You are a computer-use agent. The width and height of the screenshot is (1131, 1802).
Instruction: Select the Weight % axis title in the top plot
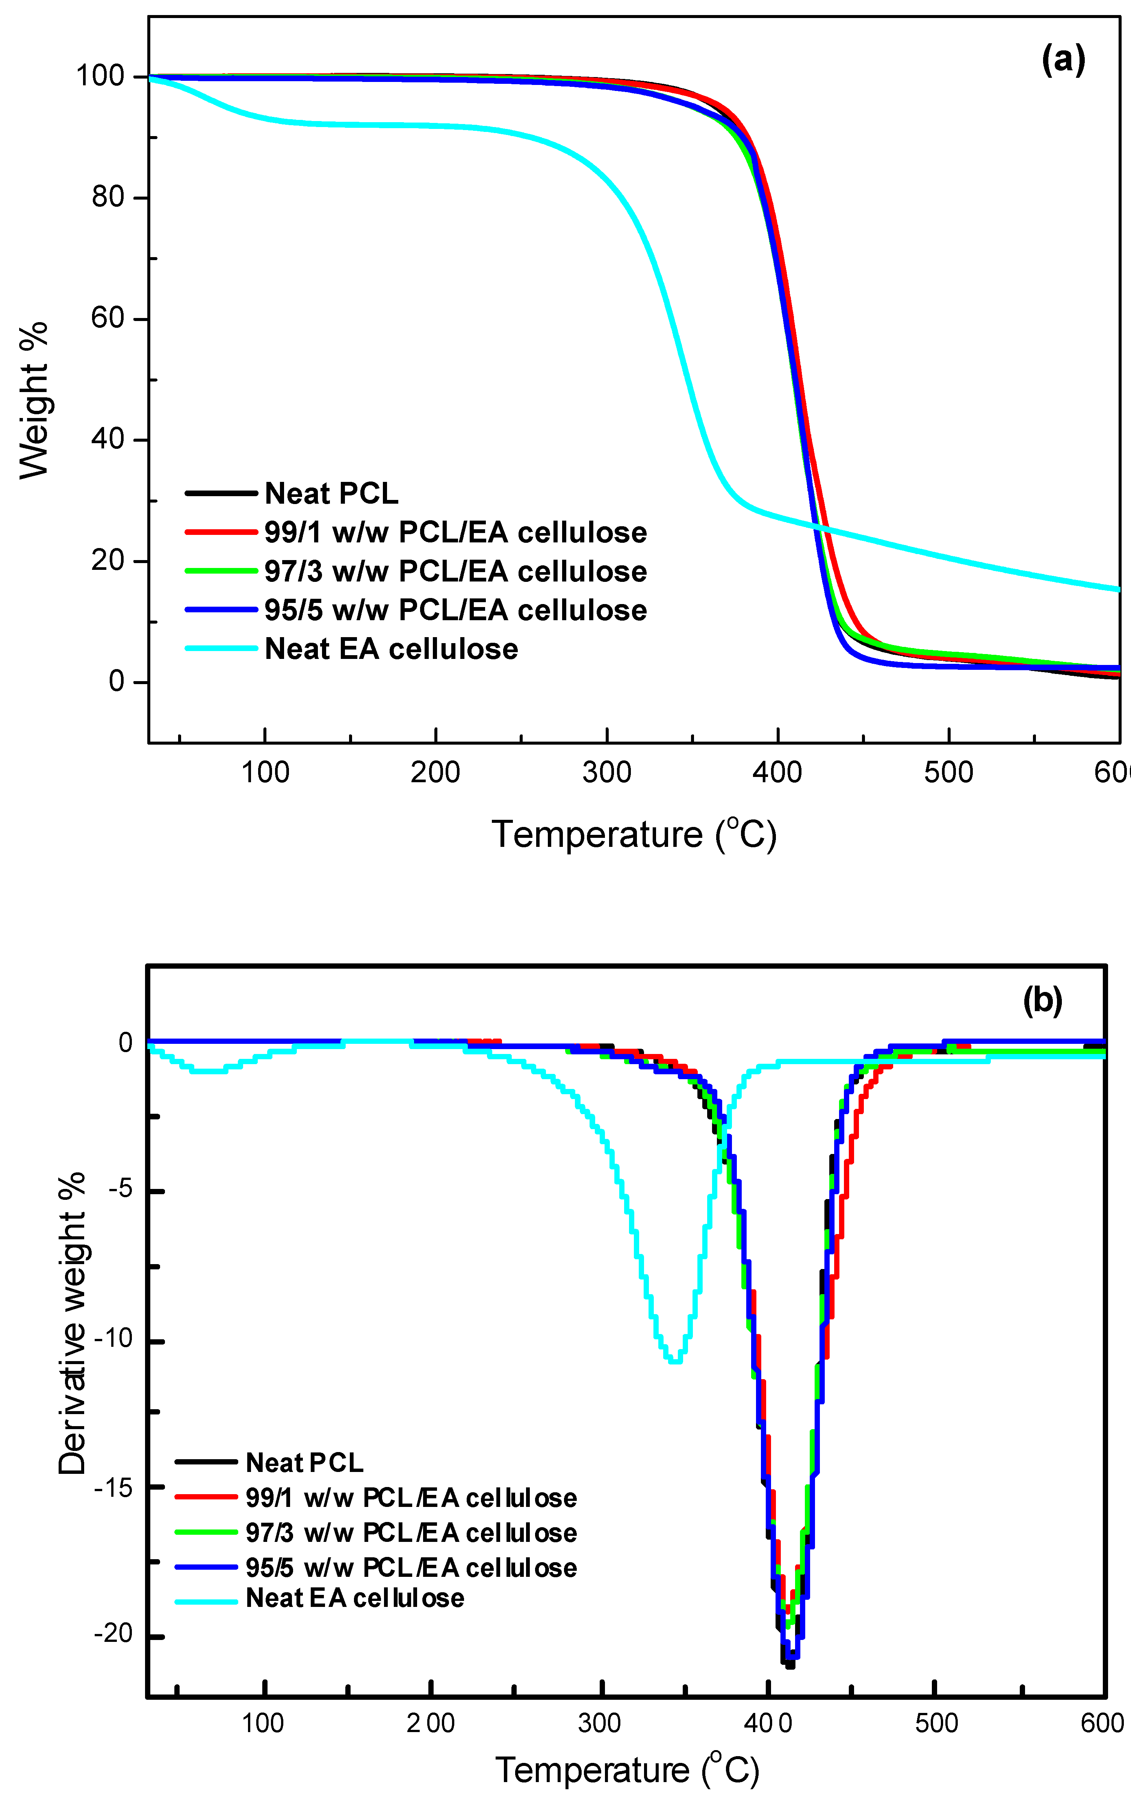coord(34,400)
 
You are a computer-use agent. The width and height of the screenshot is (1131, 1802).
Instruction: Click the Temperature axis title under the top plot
coord(634,834)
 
